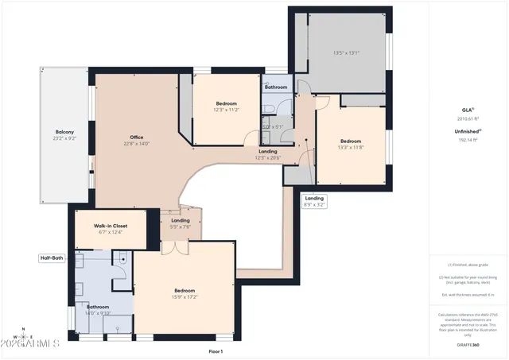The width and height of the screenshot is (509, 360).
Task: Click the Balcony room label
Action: click(x=64, y=132)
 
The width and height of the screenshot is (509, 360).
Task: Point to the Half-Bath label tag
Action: click(x=52, y=258)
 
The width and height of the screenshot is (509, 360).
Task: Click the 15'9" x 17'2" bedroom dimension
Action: click(x=185, y=297)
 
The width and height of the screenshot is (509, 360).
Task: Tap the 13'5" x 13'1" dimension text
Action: click(x=346, y=53)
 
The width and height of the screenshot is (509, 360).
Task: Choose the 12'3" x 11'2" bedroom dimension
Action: click(x=227, y=110)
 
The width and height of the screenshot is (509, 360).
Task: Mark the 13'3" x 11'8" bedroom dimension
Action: click(x=350, y=148)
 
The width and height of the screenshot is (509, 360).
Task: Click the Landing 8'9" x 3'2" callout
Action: click(x=314, y=201)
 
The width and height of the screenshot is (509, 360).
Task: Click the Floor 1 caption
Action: click(x=216, y=350)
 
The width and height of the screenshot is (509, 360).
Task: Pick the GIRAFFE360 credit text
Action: click(x=467, y=344)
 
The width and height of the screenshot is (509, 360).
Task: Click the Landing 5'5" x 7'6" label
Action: click(x=181, y=223)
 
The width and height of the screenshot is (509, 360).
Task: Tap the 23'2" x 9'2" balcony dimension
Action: click(x=64, y=138)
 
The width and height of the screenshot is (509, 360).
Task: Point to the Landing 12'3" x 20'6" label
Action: click(x=267, y=153)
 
